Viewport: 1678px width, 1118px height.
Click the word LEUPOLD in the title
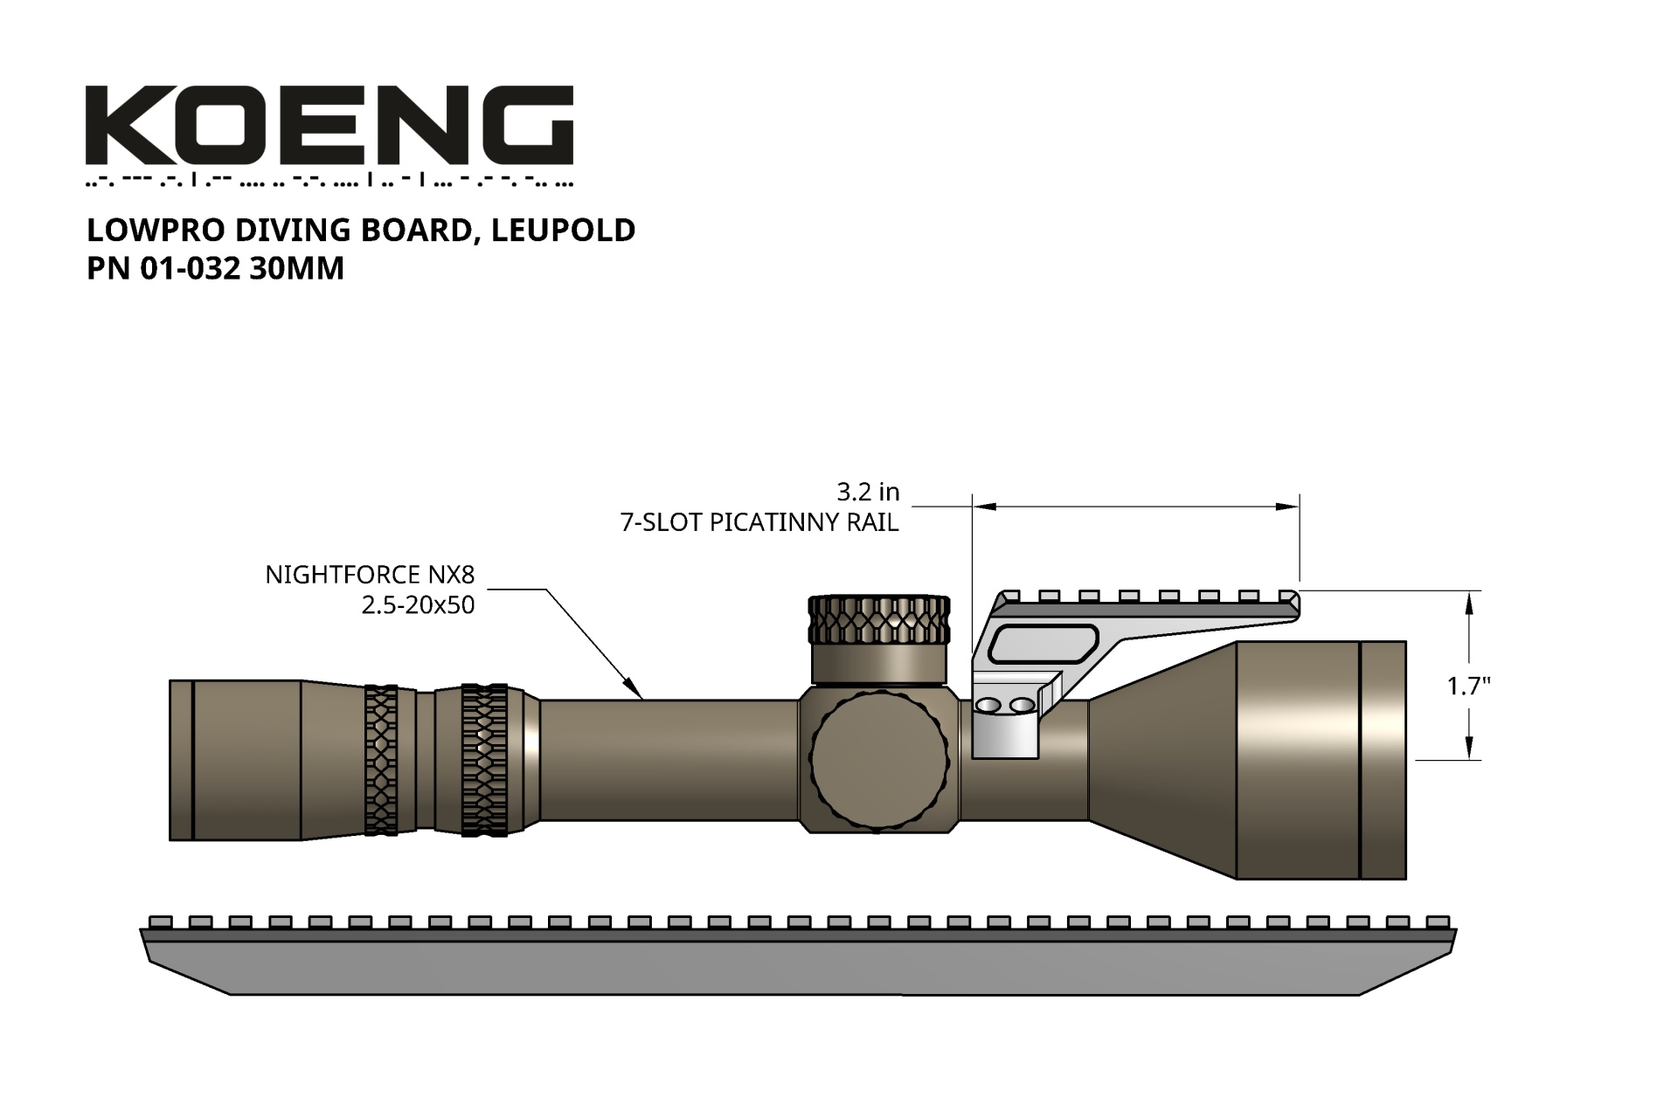coord(563,230)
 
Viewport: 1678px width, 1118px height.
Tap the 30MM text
coord(296,268)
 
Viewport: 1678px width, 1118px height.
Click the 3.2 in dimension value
coord(867,492)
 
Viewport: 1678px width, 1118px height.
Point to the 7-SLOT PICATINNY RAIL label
coord(759,522)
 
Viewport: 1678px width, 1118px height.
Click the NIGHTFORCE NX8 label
coord(370,575)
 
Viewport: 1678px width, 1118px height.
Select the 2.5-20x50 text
coord(418,604)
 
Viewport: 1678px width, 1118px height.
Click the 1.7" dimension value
coord(1468,687)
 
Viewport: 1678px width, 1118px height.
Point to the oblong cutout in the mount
coord(1043,644)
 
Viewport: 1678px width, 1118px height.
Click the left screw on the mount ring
coord(988,705)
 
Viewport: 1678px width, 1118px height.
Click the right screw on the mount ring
coord(1021,705)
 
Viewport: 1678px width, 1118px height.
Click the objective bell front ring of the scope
coord(1383,760)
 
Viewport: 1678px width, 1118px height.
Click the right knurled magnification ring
coord(484,760)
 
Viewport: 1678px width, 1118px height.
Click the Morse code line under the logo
coord(329,183)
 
